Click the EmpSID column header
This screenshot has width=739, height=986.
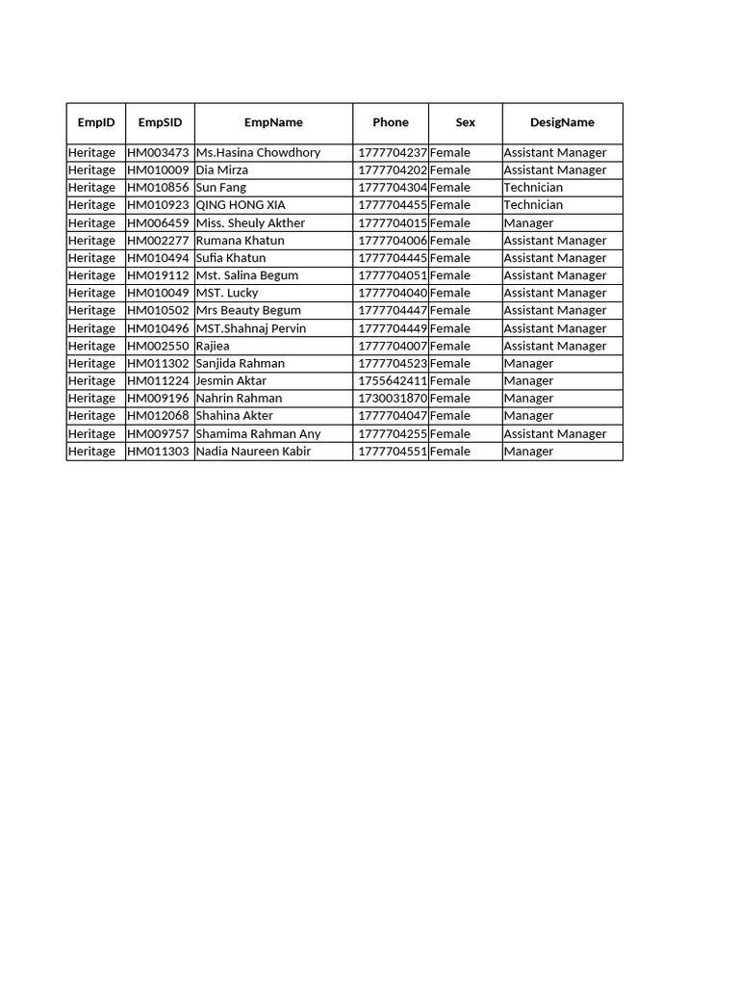point(160,122)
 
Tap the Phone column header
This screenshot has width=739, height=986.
point(391,122)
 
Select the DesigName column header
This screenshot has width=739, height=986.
point(562,122)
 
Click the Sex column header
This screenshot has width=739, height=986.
point(466,122)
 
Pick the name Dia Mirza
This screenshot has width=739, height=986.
point(222,169)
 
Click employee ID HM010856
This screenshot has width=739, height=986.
point(159,187)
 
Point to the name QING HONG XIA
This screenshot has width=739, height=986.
point(241,204)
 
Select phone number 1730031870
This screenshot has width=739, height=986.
point(392,398)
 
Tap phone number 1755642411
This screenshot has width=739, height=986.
point(392,380)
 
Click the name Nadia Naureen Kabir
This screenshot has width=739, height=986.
point(253,451)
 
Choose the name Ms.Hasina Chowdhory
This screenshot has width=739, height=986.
point(258,152)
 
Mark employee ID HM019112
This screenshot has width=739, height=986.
point(159,274)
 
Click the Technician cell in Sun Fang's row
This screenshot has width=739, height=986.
point(533,187)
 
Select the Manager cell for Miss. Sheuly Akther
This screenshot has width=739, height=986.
point(528,222)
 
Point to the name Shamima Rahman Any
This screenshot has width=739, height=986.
point(258,433)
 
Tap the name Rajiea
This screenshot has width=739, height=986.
point(213,346)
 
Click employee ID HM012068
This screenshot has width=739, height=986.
point(159,415)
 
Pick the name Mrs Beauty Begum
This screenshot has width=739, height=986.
point(248,310)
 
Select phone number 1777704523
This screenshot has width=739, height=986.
point(392,363)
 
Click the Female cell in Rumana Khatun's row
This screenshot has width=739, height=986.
point(450,240)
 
